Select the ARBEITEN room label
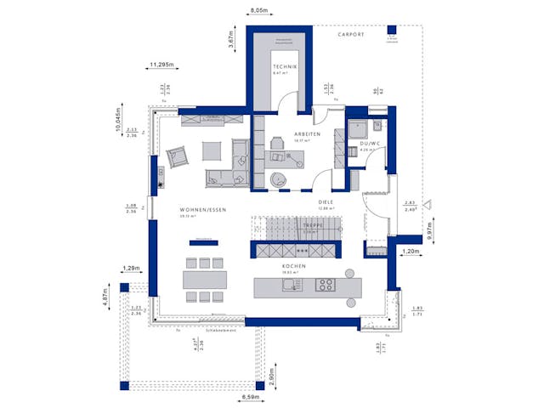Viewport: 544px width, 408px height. click(307, 134)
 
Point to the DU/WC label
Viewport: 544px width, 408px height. click(369, 144)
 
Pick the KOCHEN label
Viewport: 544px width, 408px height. click(294, 266)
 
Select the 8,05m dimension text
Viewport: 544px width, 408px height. click(259, 10)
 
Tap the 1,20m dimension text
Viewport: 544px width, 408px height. click(411, 252)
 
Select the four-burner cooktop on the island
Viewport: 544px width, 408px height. click(326, 285)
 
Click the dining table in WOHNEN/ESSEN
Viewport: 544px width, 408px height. click(205, 279)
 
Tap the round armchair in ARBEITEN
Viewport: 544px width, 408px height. click(278, 179)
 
